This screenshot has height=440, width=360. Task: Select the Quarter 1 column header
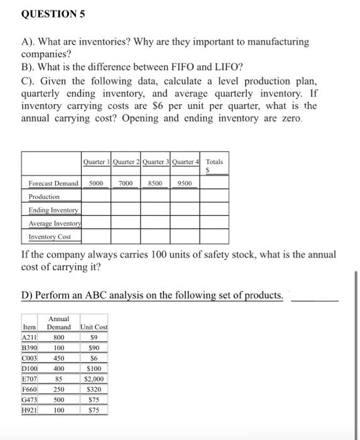tap(97, 162)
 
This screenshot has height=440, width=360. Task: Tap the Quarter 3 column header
tap(156, 162)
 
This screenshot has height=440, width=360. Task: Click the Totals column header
tap(215, 165)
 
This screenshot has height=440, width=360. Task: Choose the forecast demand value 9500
tap(185, 183)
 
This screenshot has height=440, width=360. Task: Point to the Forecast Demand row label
tap(53, 183)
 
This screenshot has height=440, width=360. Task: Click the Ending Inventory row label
tap(53, 210)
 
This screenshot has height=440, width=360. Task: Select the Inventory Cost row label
tap(50, 237)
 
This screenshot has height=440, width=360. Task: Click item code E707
tap(30, 379)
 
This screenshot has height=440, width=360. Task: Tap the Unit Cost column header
tap(94, 327)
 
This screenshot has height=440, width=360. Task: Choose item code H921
tap(30, 410)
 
